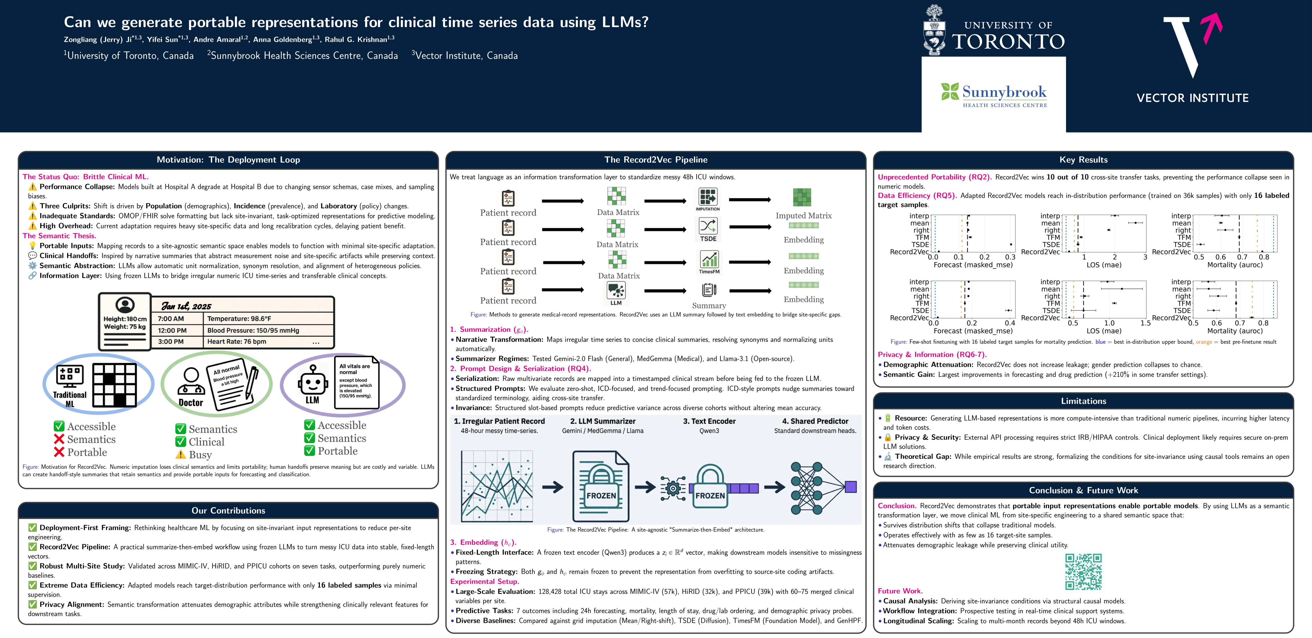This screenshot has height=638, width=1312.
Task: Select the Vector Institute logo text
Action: click(x=1192, y=98)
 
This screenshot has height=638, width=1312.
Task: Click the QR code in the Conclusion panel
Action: click(x=1083, y=571)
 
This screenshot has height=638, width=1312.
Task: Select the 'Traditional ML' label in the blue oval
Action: click(x=70, y=399)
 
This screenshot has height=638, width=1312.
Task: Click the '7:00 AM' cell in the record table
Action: click(x=171, y=319)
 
